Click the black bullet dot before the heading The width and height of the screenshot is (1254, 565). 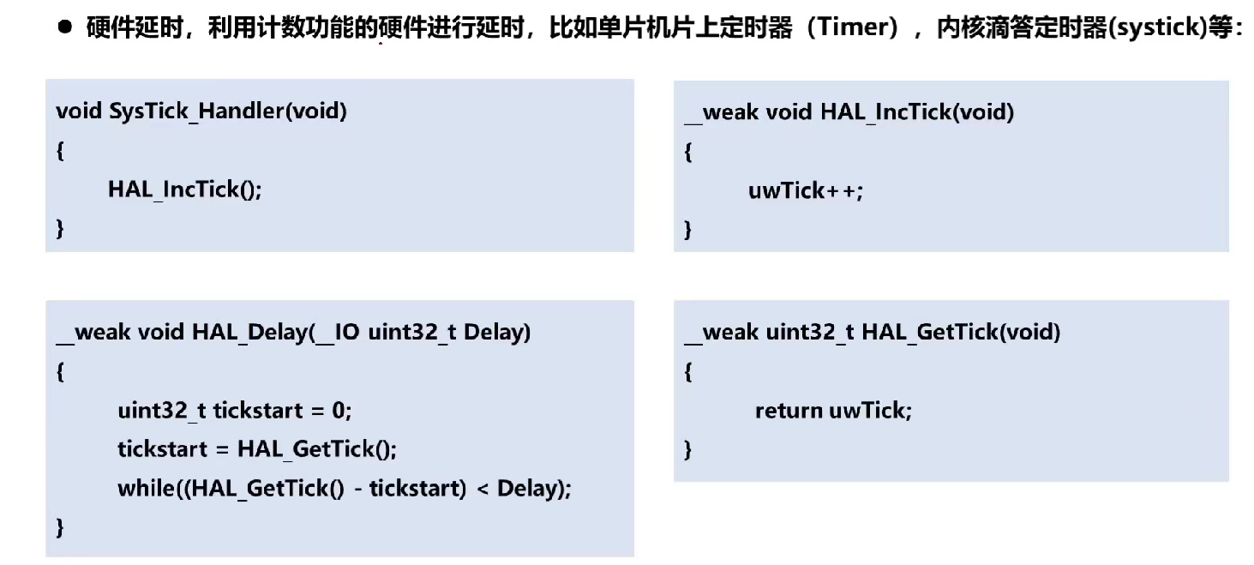point(65,27)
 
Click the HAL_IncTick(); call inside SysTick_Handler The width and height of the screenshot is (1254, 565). point(184,189)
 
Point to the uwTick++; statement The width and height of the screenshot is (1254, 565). point(806,190)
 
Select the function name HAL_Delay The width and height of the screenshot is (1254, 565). point(248,332)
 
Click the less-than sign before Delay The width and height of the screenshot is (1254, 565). point(482,489)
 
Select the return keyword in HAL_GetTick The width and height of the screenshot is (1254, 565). point(789,411)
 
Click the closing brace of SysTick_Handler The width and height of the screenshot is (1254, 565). point(60,229)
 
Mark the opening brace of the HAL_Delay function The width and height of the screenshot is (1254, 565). point(60,372)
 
